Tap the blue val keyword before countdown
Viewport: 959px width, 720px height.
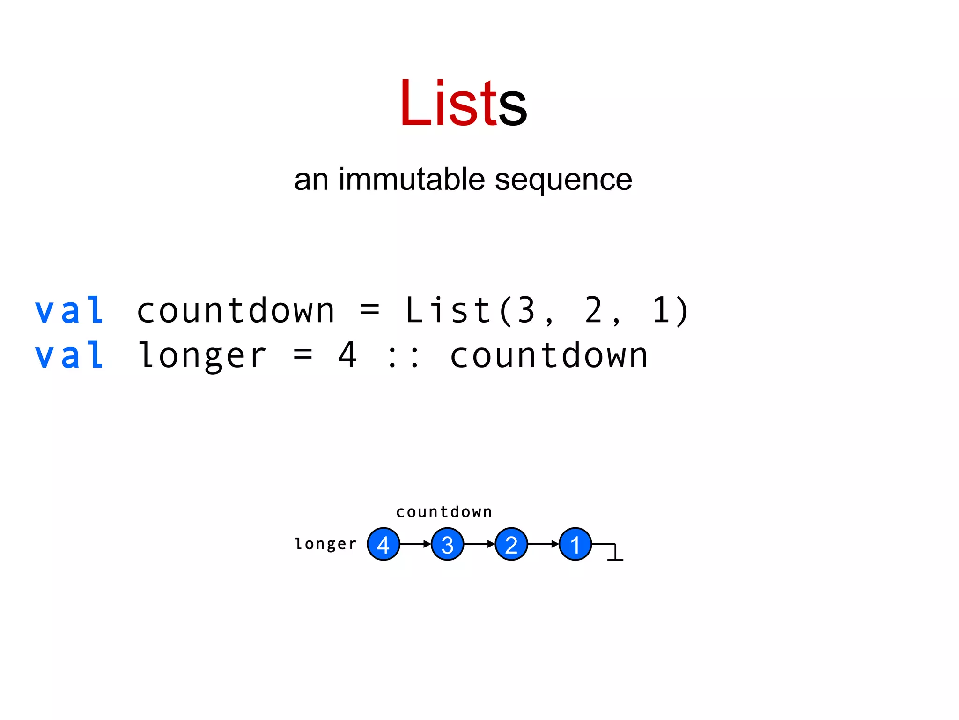pyautogui.click(x=69, y=310)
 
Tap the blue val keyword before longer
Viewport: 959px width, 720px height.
pyautogui.click(x=69, y=355)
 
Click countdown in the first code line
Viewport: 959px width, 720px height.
pyautogui.click(x=236, y=310)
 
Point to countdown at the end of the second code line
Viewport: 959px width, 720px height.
pyautogui.click(x=549, y=355)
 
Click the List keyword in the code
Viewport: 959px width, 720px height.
pyautogui.click(x=447, y=310)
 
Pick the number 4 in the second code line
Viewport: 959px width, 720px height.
pyautogui.click(x=347, y=355)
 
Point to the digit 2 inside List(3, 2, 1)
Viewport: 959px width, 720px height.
pyautogui.click(x=594, y=310)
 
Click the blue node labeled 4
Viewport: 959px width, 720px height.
pyautogui.click(x=384, y=544)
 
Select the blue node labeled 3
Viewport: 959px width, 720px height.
pyautogui.click(x=447, y=544)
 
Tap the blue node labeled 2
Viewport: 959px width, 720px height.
pyautogui.click(x=511, y=544)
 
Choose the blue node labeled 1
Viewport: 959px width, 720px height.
pyautogui.click(x=575, y=544)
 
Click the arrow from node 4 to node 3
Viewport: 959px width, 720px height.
pyautogui.click(x=415, y=544)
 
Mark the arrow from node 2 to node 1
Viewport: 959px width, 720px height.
pyautogui.click(x=543, y=544)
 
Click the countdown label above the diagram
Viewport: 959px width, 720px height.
pyautogui.click(x=444, y=512)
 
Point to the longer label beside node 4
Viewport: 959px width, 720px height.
pyautogui.click(x=325, y=544)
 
